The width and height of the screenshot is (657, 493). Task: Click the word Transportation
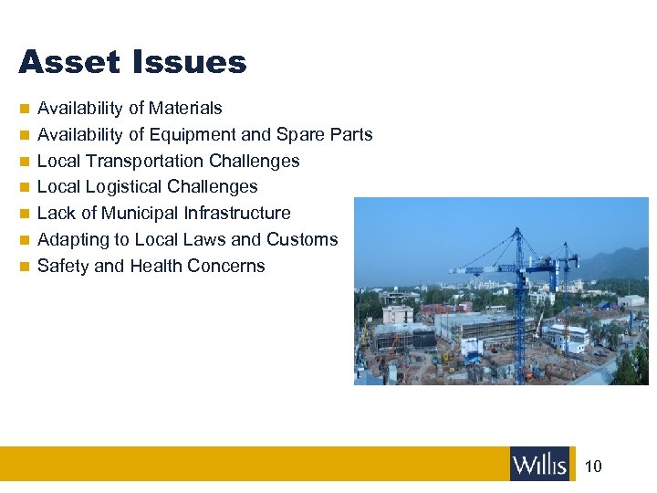144,162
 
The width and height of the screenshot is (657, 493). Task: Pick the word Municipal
139,214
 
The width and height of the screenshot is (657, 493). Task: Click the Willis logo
539,465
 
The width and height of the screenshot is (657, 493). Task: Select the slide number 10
593,467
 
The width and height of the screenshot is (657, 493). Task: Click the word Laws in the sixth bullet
207,240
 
